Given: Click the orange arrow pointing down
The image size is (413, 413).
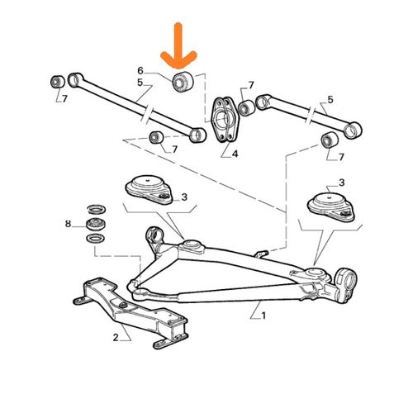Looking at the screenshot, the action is pyautogui.click(x=178, y=47).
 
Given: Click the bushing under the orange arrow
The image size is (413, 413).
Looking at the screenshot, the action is pyautogui.click(x=183, y=82).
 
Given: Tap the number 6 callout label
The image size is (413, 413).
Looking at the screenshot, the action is pyautogui.click(x=140, y=71).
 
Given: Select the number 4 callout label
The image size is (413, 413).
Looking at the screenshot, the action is pyautogui.click(x=235, y=154).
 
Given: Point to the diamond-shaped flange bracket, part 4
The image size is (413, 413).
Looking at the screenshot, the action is pyautogui.click(x=224, y=119).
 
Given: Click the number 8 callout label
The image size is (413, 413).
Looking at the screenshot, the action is pyautogui.click(x=68, y=224).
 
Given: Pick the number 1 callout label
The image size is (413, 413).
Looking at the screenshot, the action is pyautogui.click(x=263, y=316).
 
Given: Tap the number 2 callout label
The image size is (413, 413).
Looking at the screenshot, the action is pyautogui.click(x=116, y=337).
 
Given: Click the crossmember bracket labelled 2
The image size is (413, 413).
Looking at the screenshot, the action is pyautogui.click(x=131, y=312).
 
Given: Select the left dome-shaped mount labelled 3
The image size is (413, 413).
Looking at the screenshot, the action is pyautogui.click(x=149, y=190).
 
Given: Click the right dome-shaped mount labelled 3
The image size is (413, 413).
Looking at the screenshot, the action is pyautogui.click(x=330, y=207).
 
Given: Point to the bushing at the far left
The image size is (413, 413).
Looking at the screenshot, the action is pyautogui.click(x=58, y=82).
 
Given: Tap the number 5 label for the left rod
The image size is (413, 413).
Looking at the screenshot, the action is pyautogui.click(x=140, y=83).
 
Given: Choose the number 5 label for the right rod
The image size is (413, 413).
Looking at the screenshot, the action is pyautogui.click(x=330, y=100).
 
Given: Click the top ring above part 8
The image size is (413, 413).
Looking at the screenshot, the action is pyautogui.click(x=96, y=210).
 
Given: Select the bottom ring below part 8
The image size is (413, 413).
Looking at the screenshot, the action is pyautogui.click(x=95, y=238).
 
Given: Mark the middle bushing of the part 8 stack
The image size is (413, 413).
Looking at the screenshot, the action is pyautogui.click(x=96, y=224).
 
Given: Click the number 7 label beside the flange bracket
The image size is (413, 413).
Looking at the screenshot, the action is pyautogui.click(x=251, y=86).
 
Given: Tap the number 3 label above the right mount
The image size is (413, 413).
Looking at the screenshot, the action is pyautogui.click(x=341, y=183).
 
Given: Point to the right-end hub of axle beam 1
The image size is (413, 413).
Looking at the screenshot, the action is pyautogui.click(x=345, y=281).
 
